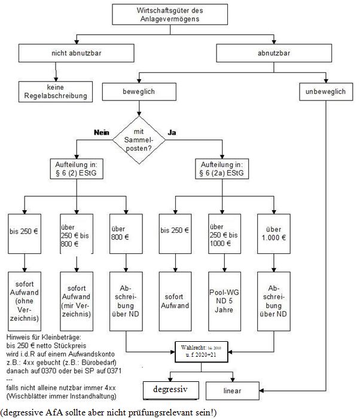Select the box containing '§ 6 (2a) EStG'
[222, 169]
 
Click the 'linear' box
[233, 390]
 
